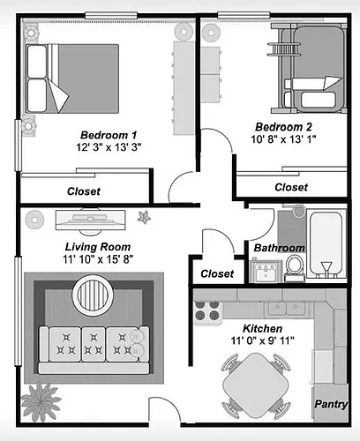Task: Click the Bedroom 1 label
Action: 109,135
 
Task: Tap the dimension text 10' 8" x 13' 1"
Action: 283,139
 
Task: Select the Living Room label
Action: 98,247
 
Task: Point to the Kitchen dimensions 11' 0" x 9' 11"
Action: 262,340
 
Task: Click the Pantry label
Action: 331,404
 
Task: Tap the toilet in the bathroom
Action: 295,268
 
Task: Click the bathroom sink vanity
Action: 266,271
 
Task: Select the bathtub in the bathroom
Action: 326,243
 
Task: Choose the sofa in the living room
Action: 94,350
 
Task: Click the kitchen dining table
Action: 256,385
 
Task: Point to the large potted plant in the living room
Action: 41,400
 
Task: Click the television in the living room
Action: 91,220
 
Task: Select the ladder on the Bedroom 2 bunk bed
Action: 284,49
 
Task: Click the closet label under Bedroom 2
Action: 291,187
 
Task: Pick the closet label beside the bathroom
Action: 217,274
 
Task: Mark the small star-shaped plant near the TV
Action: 144,218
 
